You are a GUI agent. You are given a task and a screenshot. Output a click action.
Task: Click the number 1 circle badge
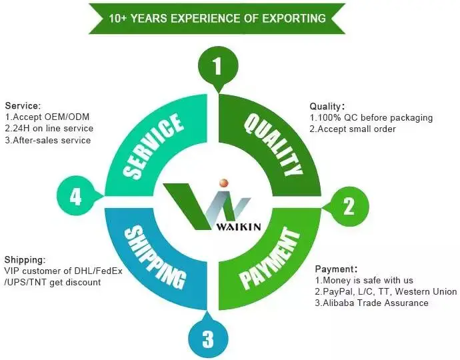click(217, 67)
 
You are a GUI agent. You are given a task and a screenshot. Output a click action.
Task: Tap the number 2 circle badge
click(349, 207)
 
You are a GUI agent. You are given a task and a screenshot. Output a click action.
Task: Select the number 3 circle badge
click(207, 340)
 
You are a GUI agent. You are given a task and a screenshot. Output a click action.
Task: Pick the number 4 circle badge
click(76, 197)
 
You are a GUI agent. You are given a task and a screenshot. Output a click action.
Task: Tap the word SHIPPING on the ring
click(155, 257)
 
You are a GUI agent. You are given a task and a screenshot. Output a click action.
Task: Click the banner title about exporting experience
click(217, 18)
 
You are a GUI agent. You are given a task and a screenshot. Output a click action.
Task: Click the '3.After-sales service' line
click(48, 140)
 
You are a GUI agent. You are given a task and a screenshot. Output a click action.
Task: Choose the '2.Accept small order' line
click(353, 129)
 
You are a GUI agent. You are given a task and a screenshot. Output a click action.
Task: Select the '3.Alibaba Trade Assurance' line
click(371, 303)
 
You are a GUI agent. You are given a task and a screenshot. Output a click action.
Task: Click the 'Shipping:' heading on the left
click(25, 259)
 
